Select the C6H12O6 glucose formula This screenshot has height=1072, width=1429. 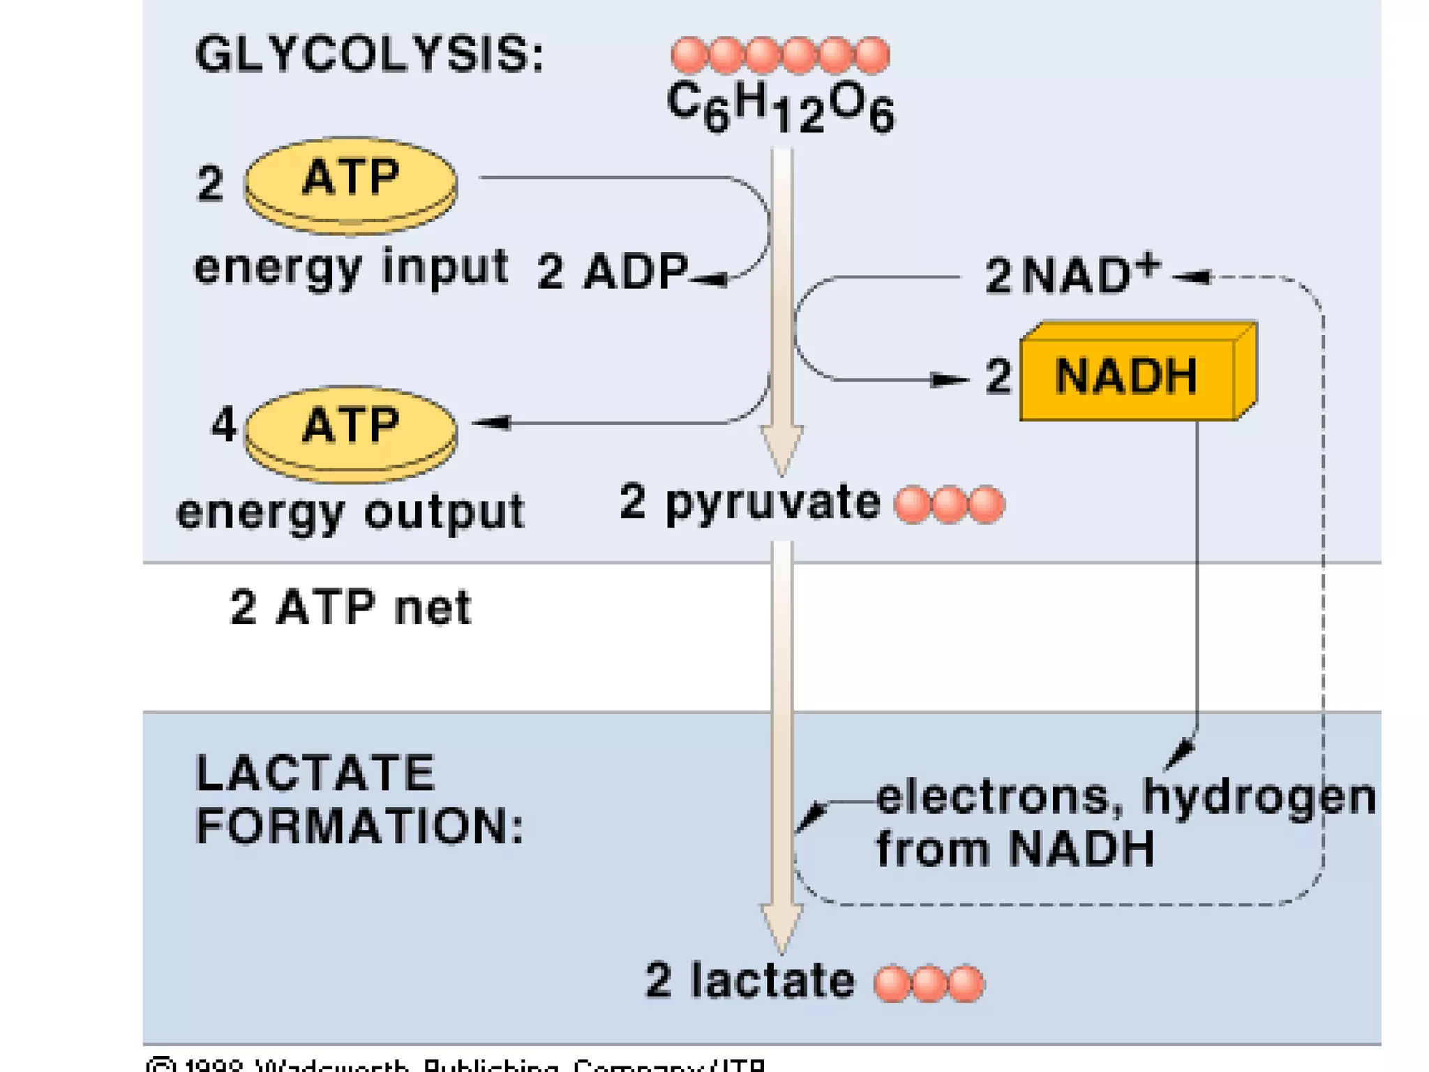point(780,107)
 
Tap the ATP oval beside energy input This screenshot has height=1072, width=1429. point(350,182)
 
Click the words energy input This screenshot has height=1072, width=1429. point(350,267)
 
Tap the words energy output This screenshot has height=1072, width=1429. point(350,513)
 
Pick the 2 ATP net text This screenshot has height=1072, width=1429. point(350,607)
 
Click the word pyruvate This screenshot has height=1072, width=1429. point(772,503)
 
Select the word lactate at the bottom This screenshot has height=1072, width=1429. point(772,981)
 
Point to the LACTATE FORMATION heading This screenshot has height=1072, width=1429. point(359,799)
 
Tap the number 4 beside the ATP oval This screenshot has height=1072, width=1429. point(223,424)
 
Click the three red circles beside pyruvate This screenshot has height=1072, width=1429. point(949,505)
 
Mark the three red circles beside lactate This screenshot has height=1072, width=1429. point(929,983)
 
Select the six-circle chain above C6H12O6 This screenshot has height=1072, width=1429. point(780,55)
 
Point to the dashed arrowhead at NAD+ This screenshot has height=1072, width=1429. point(1192,277)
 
